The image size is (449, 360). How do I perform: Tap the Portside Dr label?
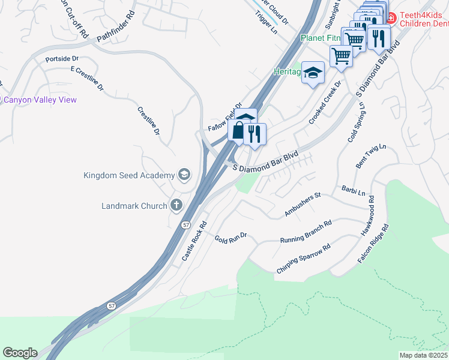pyautogui.click(x=62, y=59)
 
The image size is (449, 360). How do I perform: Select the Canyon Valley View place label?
pyautogui.click(x=40, y=100)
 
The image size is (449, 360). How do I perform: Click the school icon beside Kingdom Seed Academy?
pyautogui.click(x=184, y=175)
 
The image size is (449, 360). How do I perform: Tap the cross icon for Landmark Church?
pyautogui.click(x=176, y=206)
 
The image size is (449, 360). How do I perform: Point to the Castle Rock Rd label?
pyautogui.click(x=194, y=241)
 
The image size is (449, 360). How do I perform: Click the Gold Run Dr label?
pyautogui.click(x=231, y=237)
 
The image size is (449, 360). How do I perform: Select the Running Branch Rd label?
pyautogui.click(x=306, y=232)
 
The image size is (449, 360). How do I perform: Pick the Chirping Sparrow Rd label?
pyautogui.click(x=304, y=259)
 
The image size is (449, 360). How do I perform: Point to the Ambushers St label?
pyautogui.click(x=303, y=205)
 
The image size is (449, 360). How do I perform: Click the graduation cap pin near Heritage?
pyautogui.click(x=313, y=73)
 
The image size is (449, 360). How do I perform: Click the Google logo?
pyautogui.click(x=20, y=353)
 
